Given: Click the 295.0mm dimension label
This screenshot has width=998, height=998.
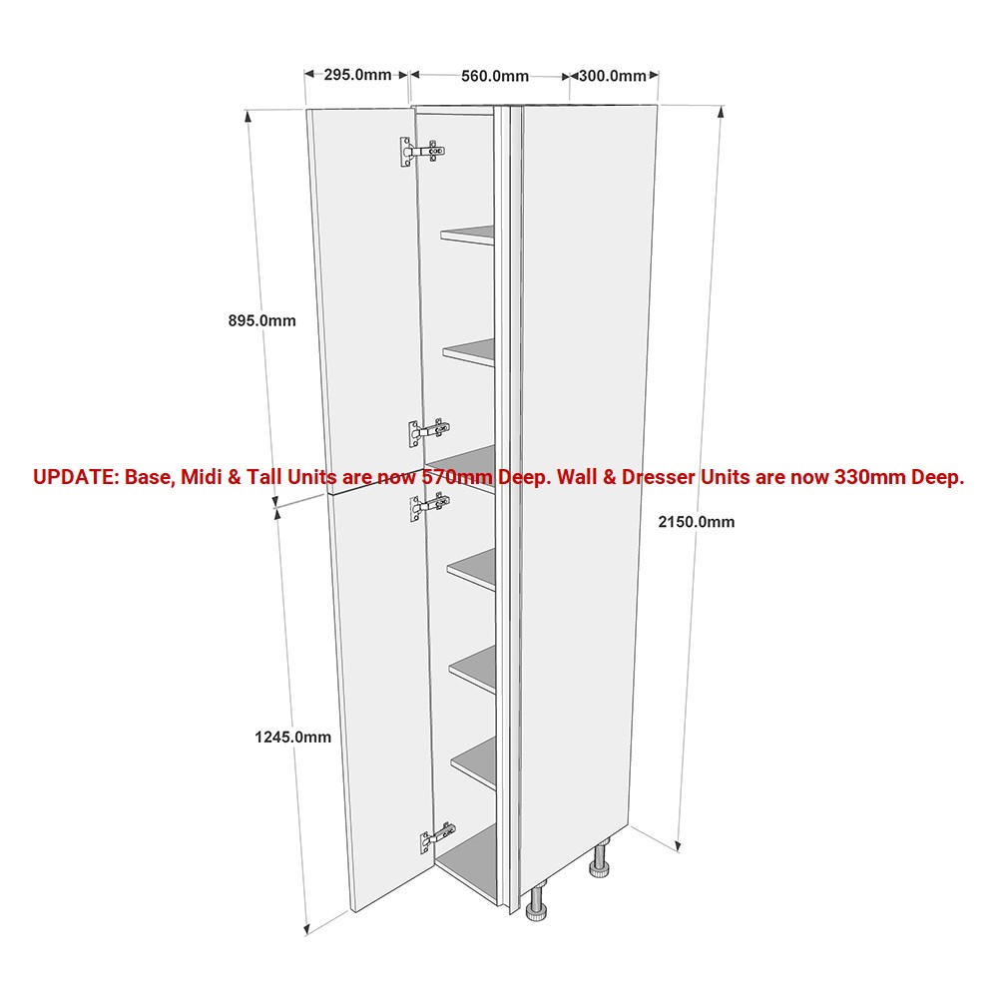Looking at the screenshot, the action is tap(357, 75).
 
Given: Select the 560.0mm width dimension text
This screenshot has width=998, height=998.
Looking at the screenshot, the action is tap(495, 77).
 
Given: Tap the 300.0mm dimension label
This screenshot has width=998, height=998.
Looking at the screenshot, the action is tap(613, 76).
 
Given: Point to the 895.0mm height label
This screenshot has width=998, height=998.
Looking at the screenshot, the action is tap(262, 320).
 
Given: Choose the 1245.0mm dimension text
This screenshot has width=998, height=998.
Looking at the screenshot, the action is tap(292, 738).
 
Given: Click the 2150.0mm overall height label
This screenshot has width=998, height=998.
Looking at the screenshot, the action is tap(697, 522).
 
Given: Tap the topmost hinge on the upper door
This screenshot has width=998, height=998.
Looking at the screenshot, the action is tap(422, 152).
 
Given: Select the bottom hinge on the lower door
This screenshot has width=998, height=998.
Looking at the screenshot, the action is tap(437, 838).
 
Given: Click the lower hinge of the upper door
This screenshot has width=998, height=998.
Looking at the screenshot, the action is tap(429, 432).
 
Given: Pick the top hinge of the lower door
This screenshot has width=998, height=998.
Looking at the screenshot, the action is tap(429, 507).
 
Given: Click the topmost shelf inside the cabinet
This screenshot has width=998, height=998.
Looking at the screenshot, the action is tap(468, 235).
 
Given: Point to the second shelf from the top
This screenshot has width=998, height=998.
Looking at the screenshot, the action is tap(470, 352).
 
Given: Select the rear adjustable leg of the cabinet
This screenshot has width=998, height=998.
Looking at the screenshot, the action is tap(599, 858).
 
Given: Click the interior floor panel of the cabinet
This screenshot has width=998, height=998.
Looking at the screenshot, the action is tap(468, 864).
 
